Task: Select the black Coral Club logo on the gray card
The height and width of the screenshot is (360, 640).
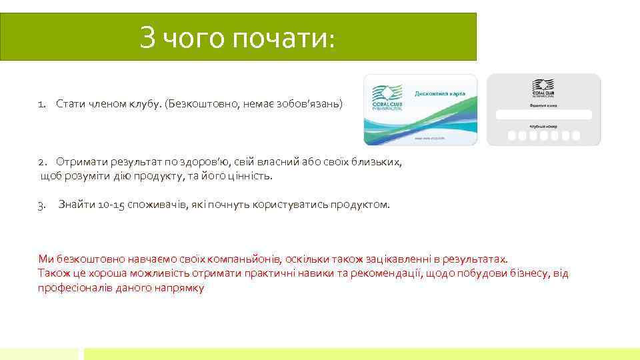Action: tap(543, 89)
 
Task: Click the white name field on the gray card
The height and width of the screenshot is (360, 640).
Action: tap(543, 113)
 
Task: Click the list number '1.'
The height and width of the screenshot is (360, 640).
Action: tap(42, 104)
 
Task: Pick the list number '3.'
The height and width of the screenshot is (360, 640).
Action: tap(41, 205)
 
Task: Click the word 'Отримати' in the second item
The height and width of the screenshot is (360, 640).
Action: tap(79, 162)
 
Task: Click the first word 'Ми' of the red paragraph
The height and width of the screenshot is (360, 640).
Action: tap(45, 259)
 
